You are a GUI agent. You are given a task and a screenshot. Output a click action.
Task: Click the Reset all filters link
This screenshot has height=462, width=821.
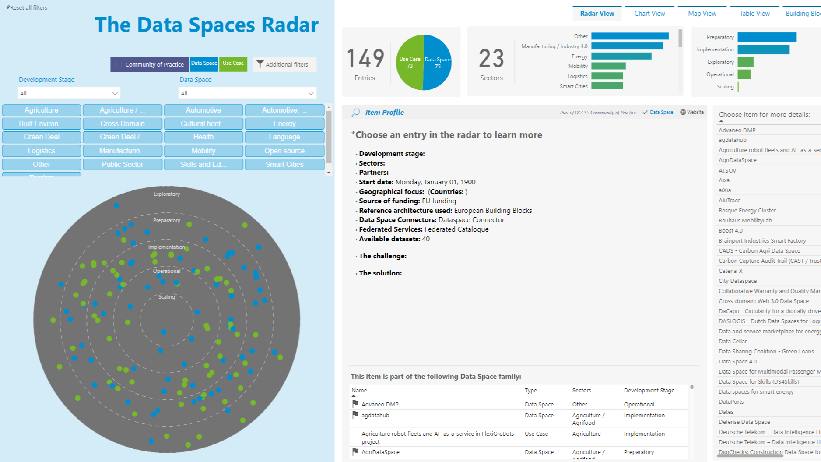point(27,7)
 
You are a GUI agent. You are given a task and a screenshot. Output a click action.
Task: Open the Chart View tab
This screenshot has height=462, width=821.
point(649,14)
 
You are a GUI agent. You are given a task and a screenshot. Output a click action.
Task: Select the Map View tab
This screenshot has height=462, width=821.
point(702,14)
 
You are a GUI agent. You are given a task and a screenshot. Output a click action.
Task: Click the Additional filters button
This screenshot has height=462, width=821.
point(284,64)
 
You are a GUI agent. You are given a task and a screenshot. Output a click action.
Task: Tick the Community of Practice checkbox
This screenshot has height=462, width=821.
point(119,64)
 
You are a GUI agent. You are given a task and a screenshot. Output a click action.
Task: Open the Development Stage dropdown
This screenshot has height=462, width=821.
point(69,93)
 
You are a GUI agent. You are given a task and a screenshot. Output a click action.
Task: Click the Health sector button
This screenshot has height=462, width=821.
point(203,137)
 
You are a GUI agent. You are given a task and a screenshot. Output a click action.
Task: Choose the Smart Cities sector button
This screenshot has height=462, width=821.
point(284,164)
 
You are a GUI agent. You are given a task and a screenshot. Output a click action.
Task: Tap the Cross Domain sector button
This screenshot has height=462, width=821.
point(123,123)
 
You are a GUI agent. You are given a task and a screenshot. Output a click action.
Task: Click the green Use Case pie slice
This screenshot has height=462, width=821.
point(409,63)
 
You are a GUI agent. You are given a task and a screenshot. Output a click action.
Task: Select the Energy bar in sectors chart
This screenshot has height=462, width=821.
point(621,56)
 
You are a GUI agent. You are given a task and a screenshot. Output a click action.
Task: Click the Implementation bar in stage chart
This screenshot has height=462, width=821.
point(763,49)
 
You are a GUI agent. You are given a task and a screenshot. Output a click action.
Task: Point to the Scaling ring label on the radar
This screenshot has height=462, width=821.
point(166,297)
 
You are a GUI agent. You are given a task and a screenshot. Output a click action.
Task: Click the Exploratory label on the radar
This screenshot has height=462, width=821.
point(166,194)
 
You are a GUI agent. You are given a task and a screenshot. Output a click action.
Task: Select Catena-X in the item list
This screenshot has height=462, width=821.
point(730,271)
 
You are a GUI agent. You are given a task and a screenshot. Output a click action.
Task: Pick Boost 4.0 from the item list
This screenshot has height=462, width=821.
point(730,231)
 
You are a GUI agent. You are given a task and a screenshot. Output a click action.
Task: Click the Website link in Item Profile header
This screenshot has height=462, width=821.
point(692,112)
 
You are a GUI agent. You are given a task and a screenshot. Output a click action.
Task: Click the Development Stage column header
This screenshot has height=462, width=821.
point(649,390)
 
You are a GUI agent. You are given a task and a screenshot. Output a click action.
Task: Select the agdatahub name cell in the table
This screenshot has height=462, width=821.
point(375,415)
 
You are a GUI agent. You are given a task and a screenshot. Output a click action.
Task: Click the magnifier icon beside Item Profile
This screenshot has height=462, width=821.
point(356,113)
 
